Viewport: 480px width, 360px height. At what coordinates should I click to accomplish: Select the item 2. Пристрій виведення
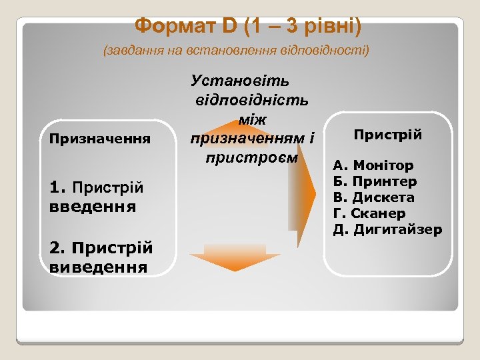(101, 257)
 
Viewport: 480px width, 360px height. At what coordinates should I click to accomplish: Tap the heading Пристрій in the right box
(387, 135)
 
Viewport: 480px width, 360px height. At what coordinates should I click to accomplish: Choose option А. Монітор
(374, 165)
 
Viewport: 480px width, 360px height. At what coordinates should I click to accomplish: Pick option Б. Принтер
(375, 181)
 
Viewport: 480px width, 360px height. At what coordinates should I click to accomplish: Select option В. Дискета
(374, 197)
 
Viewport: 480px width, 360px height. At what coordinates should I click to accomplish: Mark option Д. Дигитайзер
(388, 230)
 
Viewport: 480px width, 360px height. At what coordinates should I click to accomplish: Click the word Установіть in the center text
(240, 81)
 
